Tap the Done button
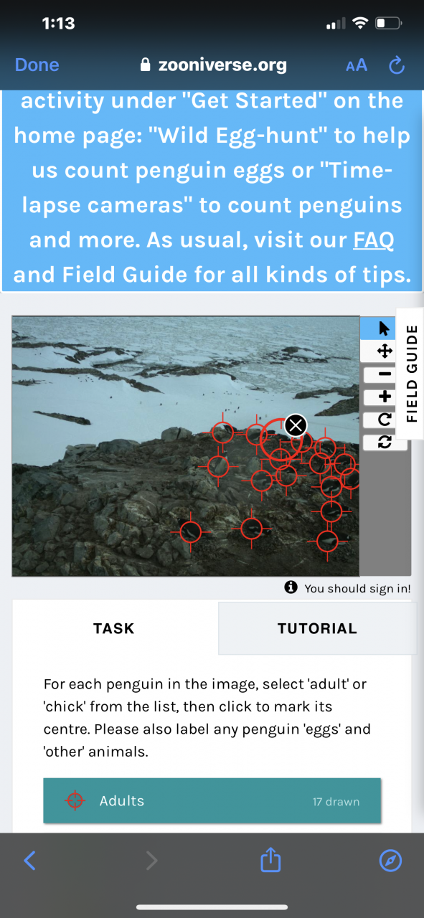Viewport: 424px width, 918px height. pos(37,65)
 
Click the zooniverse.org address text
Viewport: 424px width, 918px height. pos(222,65)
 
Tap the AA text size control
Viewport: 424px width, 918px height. pos(357,65)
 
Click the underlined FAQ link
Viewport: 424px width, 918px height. pos(374,240)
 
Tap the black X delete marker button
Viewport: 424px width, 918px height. pos(296,425)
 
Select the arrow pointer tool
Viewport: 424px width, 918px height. pos(385,328)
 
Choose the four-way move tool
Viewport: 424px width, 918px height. pos(385,351)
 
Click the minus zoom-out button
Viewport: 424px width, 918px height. pos(385,374)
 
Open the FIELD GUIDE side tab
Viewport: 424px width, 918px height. pos(411,374)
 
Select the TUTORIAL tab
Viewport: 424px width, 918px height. pos(317,628)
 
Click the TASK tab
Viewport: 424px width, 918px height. pos(114,628)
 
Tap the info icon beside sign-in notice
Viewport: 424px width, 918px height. pos(291,587)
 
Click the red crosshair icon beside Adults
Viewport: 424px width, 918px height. pos(75,800)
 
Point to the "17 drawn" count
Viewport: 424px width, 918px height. pos(336,802)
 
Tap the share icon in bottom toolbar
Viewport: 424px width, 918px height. pos(270,859)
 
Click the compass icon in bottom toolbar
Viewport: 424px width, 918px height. pos(390,860)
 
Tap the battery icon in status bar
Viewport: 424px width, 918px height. pos(388,23)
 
